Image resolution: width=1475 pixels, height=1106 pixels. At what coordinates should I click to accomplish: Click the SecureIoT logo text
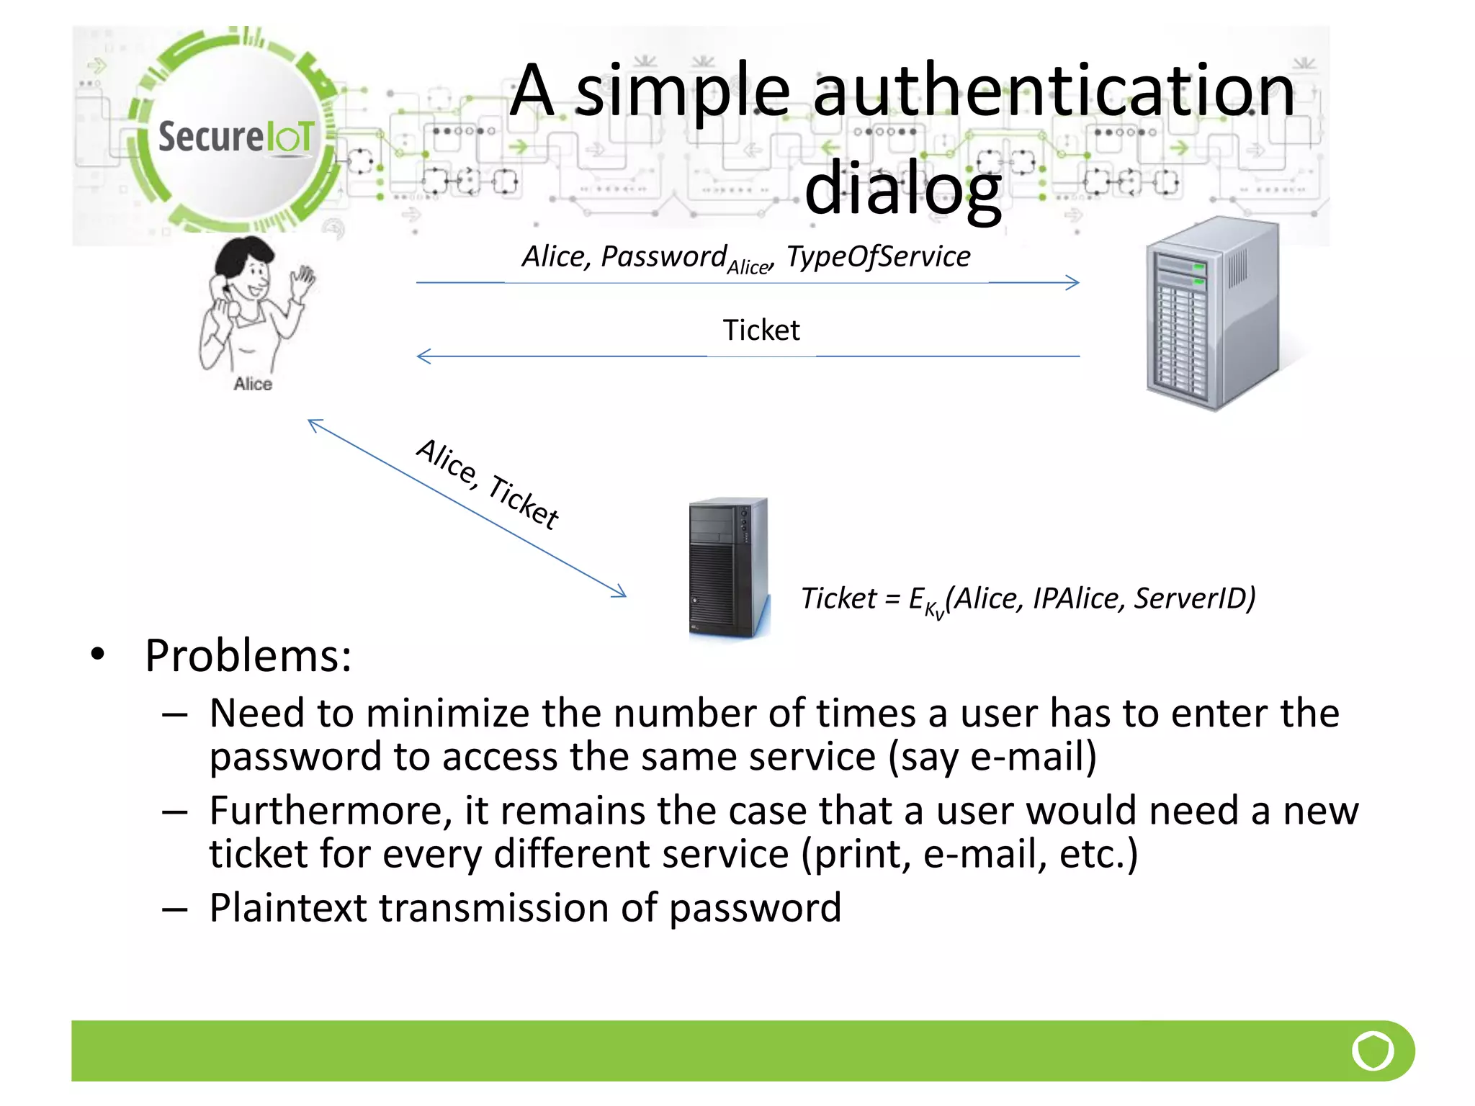click(236, 137)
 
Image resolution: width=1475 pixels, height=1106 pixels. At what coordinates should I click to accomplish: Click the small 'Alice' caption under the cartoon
click(253, 384)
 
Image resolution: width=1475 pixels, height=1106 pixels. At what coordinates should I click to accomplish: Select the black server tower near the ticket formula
click(728, 567)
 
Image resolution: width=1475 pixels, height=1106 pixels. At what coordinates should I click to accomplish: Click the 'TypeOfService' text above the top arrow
click(878, 257)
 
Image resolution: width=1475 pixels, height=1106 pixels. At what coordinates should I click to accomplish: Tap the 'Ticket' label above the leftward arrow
click(761, 331)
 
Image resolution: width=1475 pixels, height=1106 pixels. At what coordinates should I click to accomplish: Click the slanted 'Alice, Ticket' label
click(488, 484)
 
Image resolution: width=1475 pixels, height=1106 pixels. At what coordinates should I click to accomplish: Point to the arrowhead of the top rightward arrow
click(1074, 283)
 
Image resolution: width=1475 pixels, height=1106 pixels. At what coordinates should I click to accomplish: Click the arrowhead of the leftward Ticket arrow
click(423, 356)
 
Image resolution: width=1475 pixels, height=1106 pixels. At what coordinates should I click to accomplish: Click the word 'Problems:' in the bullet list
click(248, 656)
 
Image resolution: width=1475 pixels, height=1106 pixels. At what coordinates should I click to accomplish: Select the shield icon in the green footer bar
click(1373, 1051)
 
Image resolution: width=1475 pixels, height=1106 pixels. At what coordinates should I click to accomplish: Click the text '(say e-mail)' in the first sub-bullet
click(992, 757)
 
